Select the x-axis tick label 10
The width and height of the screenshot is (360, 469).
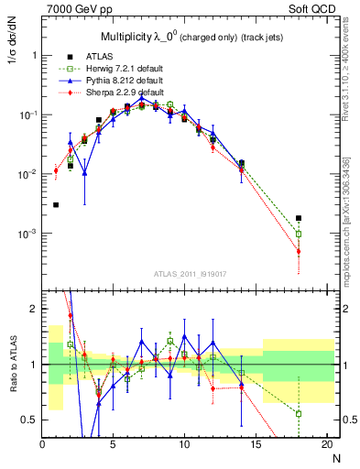pyautogui.click(x=184, y=446)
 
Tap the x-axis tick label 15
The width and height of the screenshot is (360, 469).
pyautogui.click(x=255, y=446)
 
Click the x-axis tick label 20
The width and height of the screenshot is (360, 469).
pyautogui.click(x=325, y=446)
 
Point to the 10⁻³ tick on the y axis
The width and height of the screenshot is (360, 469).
pyautogui.click(x=27, y=234)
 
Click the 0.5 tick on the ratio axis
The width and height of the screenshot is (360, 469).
pyautogui.click(x=29, y=420)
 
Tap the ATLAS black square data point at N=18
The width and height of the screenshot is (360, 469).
pyautogui.click(x=299, y=218)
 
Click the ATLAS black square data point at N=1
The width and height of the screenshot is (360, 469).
pyautogui.click(x=56, y=205)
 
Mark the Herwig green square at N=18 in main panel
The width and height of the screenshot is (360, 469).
pyautogui.click(x=299, y=234)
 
